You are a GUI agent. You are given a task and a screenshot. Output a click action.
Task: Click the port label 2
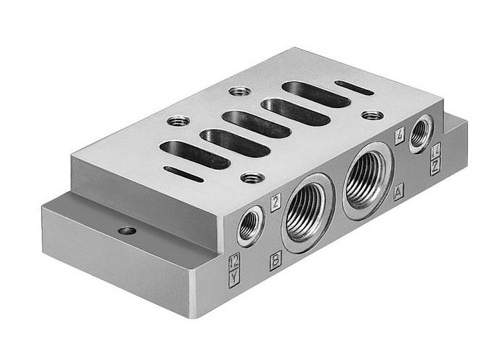[x=275, y=204]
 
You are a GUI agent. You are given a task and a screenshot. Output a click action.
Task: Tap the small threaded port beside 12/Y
[x=249, y=225]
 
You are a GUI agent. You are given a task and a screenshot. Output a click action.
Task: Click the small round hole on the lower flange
[x=127, y=231]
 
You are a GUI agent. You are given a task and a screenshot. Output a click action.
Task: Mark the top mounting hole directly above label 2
[x=252, y=177]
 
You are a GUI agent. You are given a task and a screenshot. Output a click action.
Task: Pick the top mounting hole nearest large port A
[x=372, y=114]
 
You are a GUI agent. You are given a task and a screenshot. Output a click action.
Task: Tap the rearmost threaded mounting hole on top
[x=240, y=91]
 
